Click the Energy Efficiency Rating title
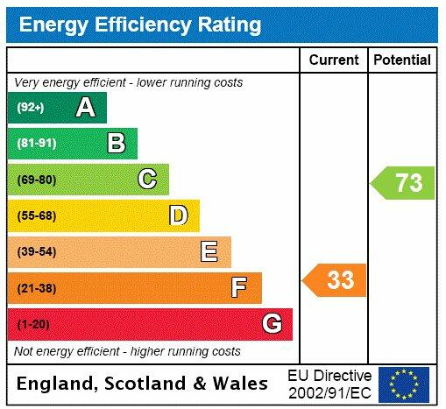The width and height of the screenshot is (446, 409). coord(140,24)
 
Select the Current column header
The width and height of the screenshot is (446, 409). coord(334,60)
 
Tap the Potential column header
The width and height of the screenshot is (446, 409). coord(402,60)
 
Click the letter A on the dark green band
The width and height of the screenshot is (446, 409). coord(85,108)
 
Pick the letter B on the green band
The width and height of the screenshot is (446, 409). coord(116,144)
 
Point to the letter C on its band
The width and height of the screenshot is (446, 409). coord(147,180)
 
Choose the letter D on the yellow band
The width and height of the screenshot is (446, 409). coord(178,215)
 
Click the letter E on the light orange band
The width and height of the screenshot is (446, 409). coord(209,252)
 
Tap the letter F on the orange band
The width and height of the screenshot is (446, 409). coord(239,287)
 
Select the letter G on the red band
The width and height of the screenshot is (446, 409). coord(272,324)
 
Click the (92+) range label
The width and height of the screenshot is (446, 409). coord(31,108)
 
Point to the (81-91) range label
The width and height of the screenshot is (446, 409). coord(36,144)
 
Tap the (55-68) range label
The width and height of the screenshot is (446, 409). coord(36,215)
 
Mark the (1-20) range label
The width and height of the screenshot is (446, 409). coord(33,324)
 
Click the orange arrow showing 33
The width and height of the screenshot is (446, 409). coord(336,280)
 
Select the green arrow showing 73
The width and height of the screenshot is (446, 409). coord(404,183)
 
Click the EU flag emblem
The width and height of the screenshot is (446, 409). coord(404,384)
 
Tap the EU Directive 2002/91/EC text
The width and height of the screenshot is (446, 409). coord(329,384)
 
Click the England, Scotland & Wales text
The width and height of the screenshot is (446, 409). coord(143,384)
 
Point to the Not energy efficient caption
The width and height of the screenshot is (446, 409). coord(127,351)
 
